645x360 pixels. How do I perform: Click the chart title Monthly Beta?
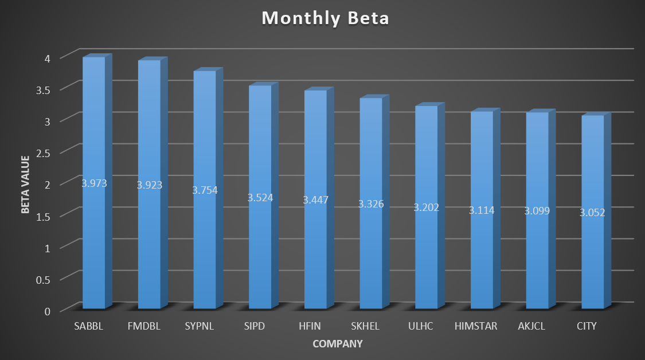point(326,18)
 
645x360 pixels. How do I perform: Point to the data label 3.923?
point(149,185)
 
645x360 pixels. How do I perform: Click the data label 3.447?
point(315,200)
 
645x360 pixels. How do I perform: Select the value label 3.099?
point(537,210)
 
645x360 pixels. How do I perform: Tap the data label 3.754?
point(205,190)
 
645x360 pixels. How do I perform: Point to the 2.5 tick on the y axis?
point(43,153)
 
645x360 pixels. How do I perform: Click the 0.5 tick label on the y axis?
point(43,280)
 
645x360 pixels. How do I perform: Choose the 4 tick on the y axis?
point(48,58)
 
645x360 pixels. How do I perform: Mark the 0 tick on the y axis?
point(48,311)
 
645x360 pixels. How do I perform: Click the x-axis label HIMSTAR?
point(476,326)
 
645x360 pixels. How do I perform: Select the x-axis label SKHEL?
point(365,326)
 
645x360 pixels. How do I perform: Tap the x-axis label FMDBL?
point(144,326)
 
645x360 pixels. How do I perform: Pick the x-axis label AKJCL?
point(531,326)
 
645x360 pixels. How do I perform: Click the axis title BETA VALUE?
point(25,185)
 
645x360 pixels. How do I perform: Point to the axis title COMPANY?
point(338,344)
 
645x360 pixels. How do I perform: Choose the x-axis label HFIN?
point(310,326)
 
